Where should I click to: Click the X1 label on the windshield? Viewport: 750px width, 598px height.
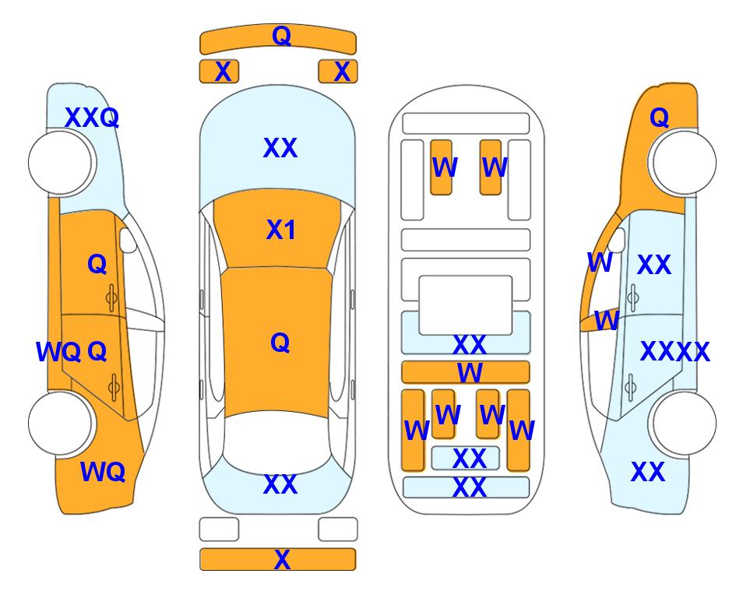pos(281,230)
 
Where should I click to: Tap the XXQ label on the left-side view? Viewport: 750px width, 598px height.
pos(92,118)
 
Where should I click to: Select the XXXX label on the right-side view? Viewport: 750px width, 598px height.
pos(675,352)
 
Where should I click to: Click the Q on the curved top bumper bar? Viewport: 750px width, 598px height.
pos(281,35)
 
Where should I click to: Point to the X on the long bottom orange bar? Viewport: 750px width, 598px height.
pos(282,559)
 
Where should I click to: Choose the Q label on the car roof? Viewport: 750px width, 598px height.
pos(280,343)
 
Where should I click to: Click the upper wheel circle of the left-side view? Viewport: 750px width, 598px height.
pos(61,163)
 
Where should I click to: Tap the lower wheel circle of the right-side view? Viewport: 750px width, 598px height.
pos(684,423)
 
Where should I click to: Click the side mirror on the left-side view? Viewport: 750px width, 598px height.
pos(128,240)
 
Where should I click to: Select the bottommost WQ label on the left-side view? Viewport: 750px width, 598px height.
pos(103,472)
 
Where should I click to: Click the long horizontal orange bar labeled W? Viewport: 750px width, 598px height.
pos(466,372)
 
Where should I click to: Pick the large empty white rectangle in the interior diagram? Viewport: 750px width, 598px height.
pos(466,305)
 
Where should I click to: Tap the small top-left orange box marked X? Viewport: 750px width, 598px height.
pos(219,72)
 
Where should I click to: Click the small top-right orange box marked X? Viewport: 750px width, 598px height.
pos(338,72)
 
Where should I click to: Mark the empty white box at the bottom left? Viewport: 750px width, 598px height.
pos(219,529)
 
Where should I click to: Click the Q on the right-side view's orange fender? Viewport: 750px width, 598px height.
pos(659,118)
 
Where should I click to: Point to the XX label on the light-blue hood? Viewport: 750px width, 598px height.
pos(280,148)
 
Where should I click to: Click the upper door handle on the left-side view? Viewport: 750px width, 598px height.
pos(111,298)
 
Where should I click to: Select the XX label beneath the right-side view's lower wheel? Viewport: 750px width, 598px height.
pos(648,472)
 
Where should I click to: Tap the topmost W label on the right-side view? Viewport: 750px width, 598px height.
pos(600,262)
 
